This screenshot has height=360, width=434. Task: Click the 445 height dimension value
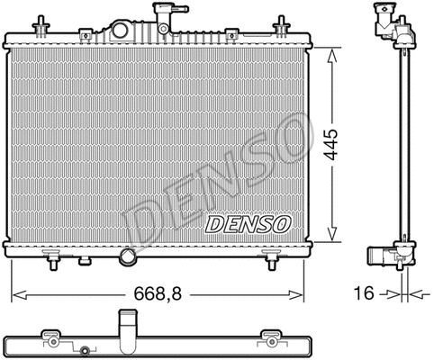pos(332,144)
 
